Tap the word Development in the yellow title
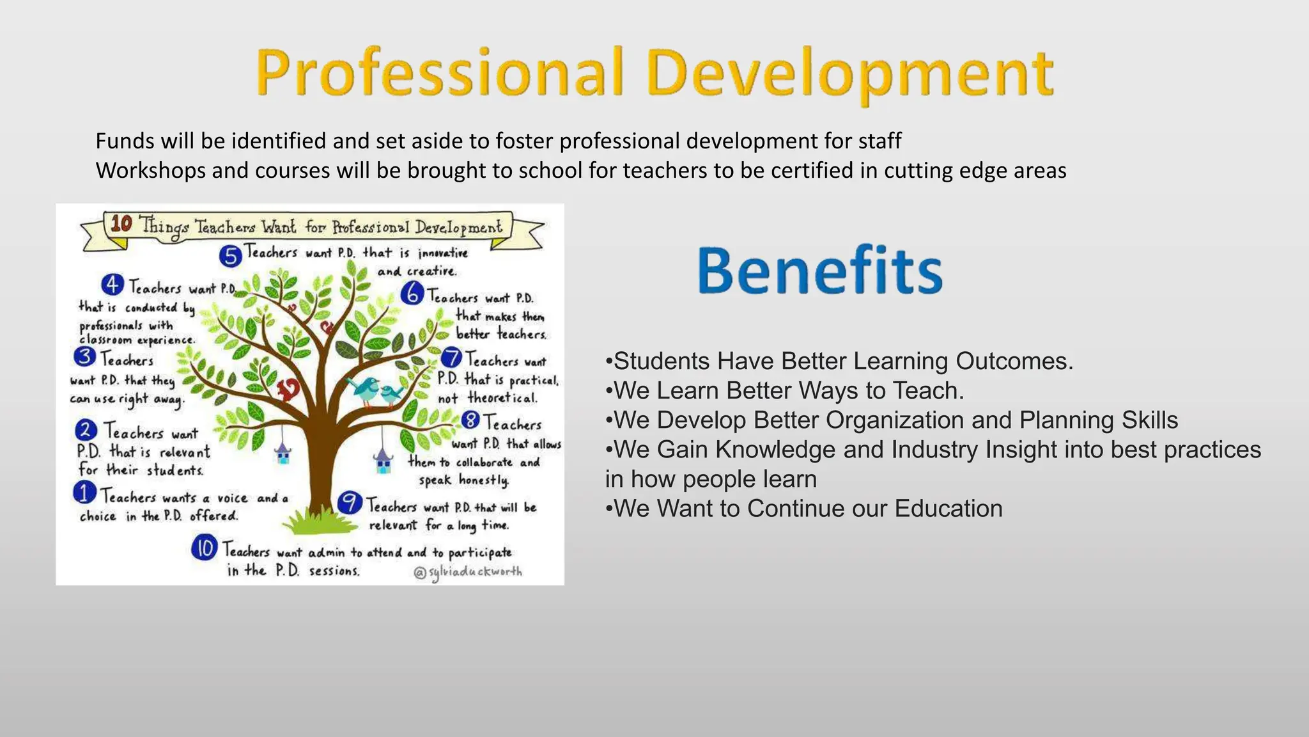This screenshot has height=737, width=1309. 850,74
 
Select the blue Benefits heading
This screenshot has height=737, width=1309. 820,271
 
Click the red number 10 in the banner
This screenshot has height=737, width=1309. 121,224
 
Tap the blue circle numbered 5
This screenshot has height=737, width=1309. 230,256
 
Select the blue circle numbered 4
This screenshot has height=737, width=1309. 112,285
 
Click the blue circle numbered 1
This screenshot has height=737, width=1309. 85,493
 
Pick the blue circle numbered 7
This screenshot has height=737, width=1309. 452,358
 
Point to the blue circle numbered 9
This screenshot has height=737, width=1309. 350,503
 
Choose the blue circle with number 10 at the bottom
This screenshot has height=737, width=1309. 205,548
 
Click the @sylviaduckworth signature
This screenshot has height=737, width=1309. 468,572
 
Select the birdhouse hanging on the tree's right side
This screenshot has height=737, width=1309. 383,461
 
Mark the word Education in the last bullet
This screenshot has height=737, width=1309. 949,509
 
